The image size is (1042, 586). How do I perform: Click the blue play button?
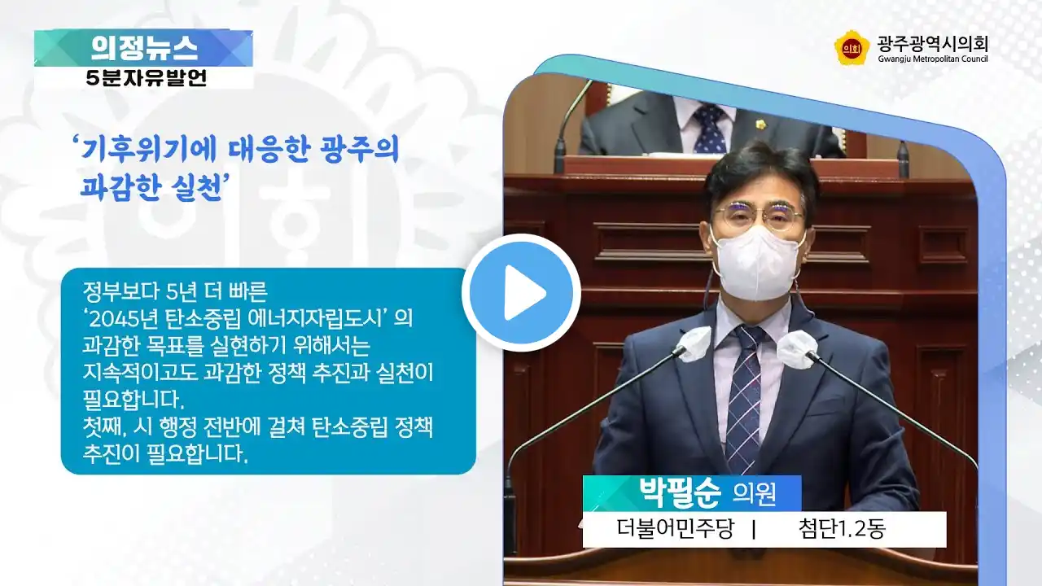521,293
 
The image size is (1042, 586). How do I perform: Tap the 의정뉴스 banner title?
144,48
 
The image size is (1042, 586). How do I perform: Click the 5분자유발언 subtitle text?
146,78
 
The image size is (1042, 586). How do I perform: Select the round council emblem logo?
852,48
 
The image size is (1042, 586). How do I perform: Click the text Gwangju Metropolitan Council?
933,59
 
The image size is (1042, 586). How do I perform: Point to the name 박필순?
679,492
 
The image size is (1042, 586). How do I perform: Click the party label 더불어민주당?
676,529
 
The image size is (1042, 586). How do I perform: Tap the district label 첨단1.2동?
842,529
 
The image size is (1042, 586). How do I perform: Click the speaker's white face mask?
758,263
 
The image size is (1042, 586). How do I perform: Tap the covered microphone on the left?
695,344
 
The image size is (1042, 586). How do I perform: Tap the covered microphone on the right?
796,349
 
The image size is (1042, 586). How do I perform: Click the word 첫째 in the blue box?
104,426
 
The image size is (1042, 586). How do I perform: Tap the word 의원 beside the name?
754,494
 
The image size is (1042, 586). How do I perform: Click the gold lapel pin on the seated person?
761,125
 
